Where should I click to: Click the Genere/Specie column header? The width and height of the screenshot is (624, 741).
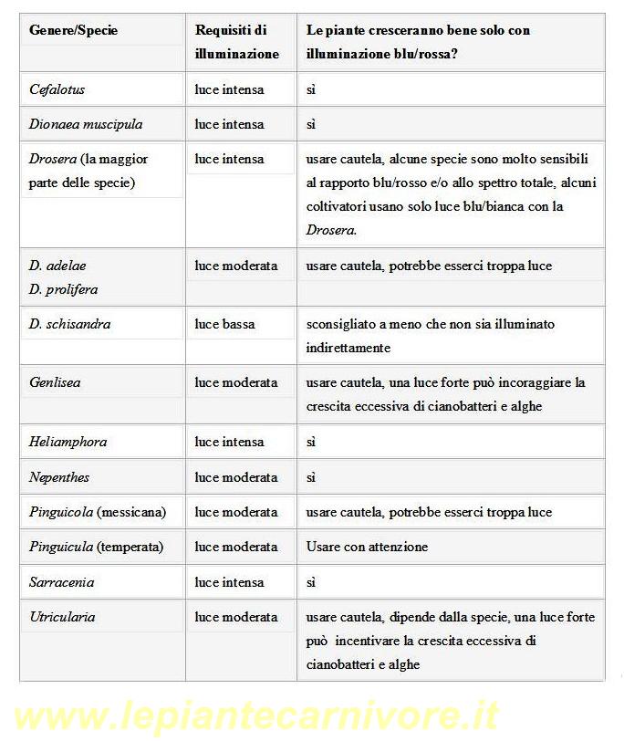pos(73,31)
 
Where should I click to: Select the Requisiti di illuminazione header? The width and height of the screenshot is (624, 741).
pos(236,42)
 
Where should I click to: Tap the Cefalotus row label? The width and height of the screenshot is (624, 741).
pos(57,89)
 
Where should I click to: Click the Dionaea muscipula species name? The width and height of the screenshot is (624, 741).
pos(85,124)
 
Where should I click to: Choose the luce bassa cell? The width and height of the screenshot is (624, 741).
pos(224,324)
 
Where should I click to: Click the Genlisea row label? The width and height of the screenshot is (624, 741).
pos(55,382)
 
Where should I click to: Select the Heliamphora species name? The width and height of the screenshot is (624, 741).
pos(68,442)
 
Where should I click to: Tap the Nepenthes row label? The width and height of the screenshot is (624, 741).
pos(58,477)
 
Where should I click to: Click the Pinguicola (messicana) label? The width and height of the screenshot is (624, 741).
pos(97,512)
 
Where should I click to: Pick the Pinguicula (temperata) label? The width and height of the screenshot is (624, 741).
pos(96,547)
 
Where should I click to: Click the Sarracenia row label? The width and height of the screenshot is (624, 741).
pos(61,582)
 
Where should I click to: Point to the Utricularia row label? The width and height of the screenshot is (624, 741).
pos(62,617)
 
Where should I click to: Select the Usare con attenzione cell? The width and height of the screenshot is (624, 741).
pos(367,547)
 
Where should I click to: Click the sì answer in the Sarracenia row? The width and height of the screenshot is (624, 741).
pos(311,582)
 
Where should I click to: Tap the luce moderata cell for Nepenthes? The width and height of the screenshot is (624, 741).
pos(235,477)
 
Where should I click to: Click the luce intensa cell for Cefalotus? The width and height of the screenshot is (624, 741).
pos(229,89)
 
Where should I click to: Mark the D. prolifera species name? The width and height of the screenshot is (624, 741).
pos(63,289)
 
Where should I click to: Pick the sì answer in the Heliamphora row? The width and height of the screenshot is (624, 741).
pos(311,442)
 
